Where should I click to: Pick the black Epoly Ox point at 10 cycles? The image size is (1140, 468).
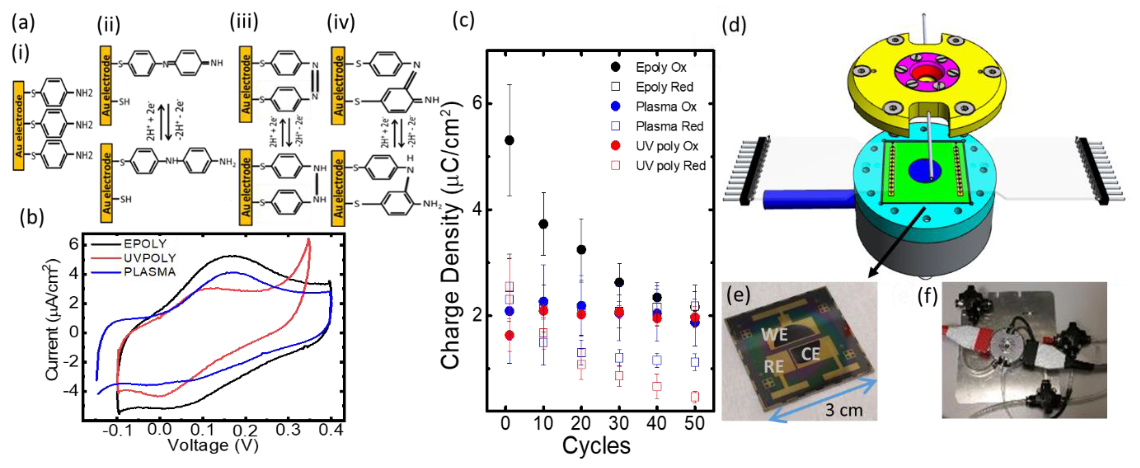click(x=544, y=224)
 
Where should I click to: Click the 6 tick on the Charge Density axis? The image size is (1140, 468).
click(x=476, y=103)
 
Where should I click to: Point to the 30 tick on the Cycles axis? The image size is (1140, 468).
click(x=619, y=424)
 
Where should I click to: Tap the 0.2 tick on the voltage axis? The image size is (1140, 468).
click(x=245, y=430)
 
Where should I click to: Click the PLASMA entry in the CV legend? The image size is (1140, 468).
click(x=150, y=272)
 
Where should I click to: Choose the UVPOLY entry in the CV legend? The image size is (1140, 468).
click(x=150, y=258)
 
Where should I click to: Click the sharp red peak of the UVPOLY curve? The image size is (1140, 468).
click(x=308, y=240)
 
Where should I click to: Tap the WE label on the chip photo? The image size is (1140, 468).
click(x=774, y=334)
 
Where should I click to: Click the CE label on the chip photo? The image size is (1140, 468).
click(x=810, y=354)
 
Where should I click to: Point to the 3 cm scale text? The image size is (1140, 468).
click(x=843, y=410)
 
